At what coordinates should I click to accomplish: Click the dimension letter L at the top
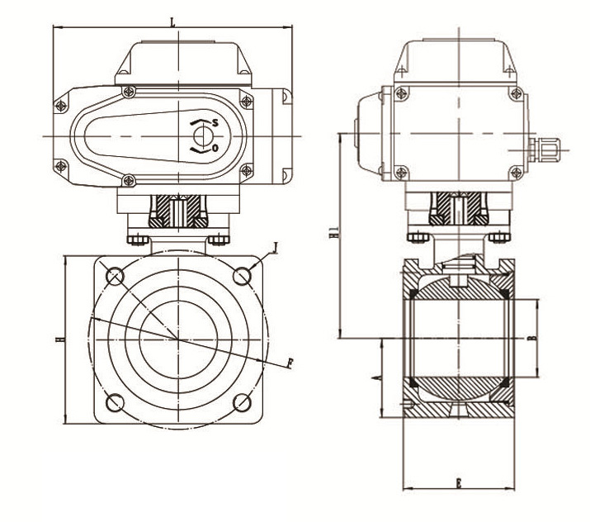point(172,21)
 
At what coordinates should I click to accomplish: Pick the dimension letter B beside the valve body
point(533,339)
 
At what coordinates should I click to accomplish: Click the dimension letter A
point(375,377)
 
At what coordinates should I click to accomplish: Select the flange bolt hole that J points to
point(242,274)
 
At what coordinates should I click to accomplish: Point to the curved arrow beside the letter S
point(199,125)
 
